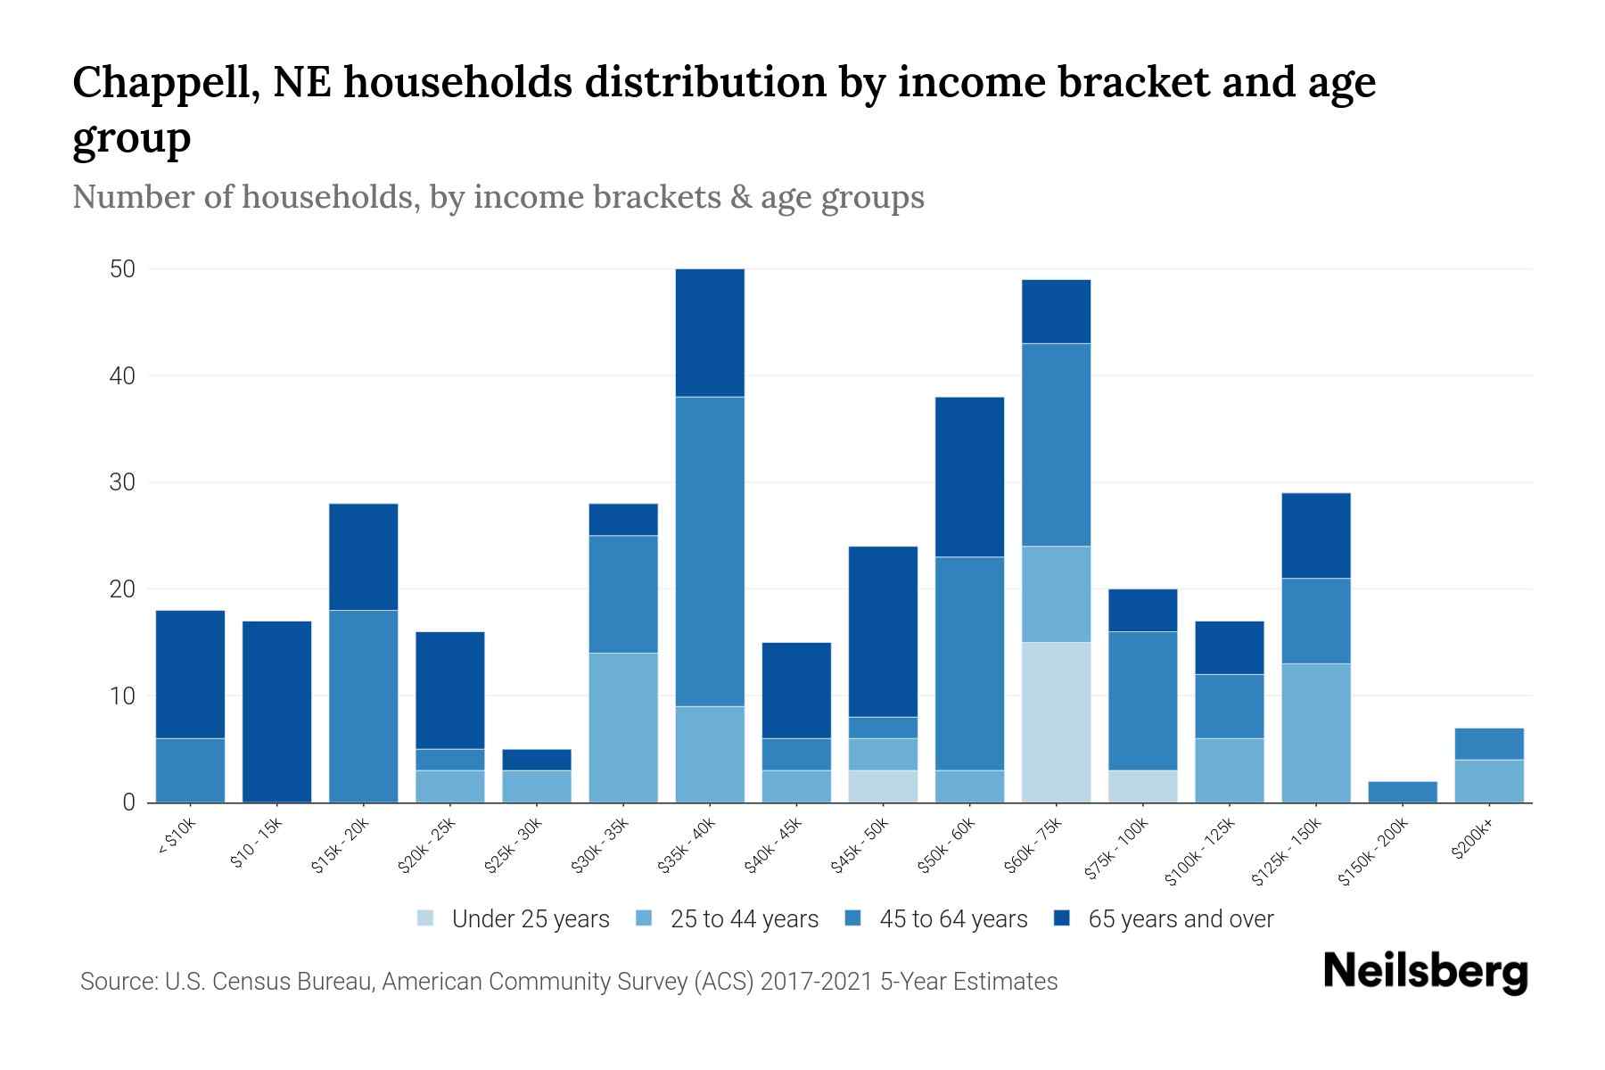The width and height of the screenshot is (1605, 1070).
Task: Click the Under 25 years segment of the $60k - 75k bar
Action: (1056, 722)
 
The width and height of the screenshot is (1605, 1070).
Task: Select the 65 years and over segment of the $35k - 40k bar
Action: (710, 333)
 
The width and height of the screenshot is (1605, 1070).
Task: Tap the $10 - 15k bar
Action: (276, 712)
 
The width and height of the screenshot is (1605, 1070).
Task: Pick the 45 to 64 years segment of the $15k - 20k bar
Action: (363, 706)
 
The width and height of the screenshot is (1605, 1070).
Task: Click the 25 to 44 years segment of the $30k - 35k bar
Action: (623, 728)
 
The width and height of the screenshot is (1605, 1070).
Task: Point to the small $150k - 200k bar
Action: (1402, 792)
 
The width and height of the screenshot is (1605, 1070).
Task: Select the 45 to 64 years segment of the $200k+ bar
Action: (1488, 744)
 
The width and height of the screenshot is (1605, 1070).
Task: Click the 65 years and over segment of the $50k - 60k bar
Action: (969, 477)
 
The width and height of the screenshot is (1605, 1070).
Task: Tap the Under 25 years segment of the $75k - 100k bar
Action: (1142, 786)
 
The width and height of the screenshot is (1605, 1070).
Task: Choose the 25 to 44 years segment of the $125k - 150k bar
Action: (1315, 733)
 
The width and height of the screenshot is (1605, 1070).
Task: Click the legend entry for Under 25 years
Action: (514, 919)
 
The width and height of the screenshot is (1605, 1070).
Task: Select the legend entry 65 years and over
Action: (1164, 919)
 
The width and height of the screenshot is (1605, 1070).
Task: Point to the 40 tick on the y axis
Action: (122, 376)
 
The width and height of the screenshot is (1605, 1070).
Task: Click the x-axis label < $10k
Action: (177, 838)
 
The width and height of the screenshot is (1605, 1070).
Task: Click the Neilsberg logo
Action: (1425, 972)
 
